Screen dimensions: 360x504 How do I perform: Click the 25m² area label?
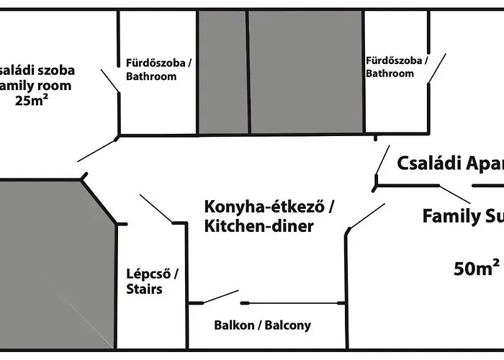(32, 100)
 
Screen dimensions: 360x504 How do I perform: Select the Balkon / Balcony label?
(262, 325)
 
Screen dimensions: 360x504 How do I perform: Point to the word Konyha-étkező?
(266, 207)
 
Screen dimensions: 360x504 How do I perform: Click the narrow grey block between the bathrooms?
(223, 71)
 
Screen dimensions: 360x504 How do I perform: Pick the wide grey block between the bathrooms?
(305, 71)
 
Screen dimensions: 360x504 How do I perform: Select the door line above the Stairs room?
(155, 208)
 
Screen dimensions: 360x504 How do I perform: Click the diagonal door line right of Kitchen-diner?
(366, 216)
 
